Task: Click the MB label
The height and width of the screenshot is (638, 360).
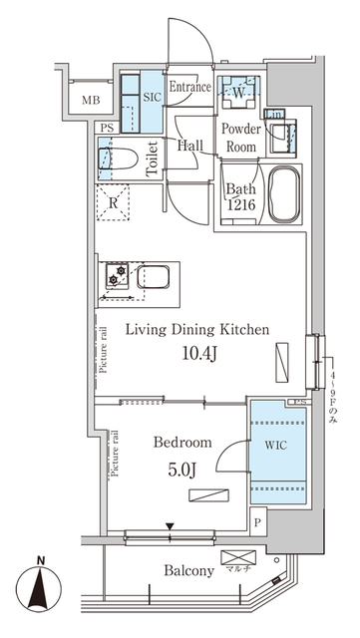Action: coord(91,101)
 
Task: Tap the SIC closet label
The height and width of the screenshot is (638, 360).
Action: coord(153,98)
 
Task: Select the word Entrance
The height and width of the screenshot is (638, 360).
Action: coord(189,88)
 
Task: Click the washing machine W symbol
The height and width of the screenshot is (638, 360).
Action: coord(238,94)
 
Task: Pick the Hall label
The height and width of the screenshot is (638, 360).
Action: coord(190,146)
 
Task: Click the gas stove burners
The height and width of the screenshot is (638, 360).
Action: coord(117,277)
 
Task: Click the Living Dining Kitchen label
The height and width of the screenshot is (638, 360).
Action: coord(194,330)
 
